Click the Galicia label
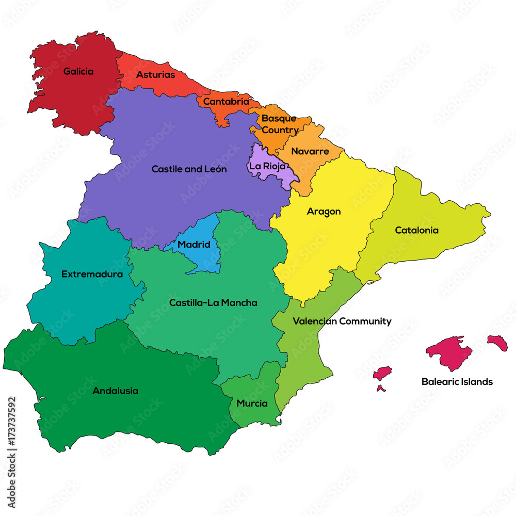(x=78, y=71)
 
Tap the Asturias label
(x=155, y=75)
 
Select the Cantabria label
(x=225, y=102)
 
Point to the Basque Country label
(x=279, y=124)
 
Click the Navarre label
(x=310, y=152)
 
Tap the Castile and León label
(x=189, y=169)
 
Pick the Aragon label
(x=324, y=212)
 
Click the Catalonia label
(x=416, y=230)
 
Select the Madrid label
(x=194, y=244)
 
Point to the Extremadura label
(x=92, y=274)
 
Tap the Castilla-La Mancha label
(x=213, y=303)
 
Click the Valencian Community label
(x=342, y=321)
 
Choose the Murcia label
(x=252, y=404)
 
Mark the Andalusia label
(x=115, y=391)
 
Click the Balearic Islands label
(x=457, y=382)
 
